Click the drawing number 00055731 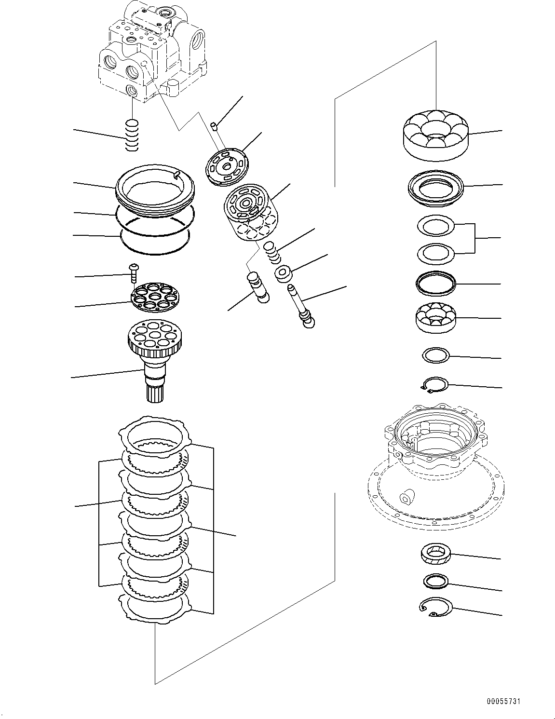click(503, 702)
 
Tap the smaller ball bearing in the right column click(435, 318)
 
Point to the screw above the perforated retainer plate click(134, 273)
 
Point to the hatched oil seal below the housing click(435, 555)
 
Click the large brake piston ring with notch click(155, 190)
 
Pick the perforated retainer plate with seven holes click(152, 298)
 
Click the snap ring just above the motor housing click(434, 384)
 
